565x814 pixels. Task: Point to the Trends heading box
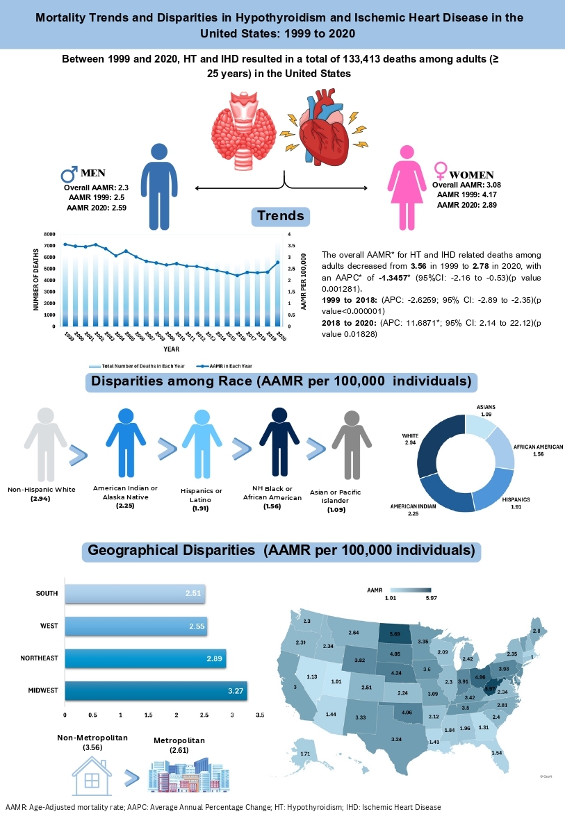280,217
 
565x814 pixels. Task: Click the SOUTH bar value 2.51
192,594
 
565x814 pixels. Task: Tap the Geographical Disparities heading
282,551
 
